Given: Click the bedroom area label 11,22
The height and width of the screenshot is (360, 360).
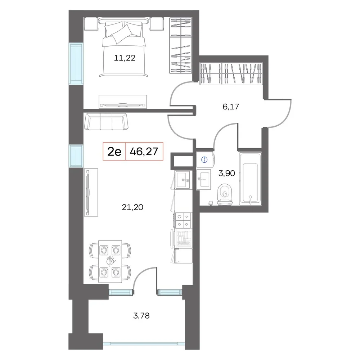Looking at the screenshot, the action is coord(125,58).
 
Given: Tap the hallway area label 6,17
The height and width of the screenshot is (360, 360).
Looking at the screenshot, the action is coord(231,107).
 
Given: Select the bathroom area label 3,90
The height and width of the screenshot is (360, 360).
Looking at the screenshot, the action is coord(226,174).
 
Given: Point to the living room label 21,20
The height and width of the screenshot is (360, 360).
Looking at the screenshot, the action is coord(132,207).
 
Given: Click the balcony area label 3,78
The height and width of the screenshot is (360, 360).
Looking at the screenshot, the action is coord(141,316).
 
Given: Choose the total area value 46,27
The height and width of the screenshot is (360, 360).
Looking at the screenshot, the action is coord(144,152).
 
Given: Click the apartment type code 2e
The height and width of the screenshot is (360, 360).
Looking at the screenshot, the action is coord(114,152).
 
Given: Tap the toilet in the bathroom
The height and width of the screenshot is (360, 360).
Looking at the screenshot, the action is coord(225,194).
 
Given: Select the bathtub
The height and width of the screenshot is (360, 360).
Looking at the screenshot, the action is coord(250,179).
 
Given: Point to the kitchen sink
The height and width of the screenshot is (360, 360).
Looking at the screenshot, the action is coord(183,180).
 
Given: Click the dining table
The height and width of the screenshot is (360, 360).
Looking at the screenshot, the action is coord(110,261).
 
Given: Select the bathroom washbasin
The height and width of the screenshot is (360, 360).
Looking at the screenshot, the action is coord(203,180).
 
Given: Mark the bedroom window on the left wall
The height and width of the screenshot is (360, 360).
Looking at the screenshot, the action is coord(76,64).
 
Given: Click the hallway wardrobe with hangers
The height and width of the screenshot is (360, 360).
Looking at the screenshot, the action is coord(231,73).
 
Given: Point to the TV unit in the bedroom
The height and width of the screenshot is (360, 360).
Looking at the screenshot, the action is coord(123,102).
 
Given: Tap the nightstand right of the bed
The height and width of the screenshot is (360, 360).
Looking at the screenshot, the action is coord(157,24).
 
